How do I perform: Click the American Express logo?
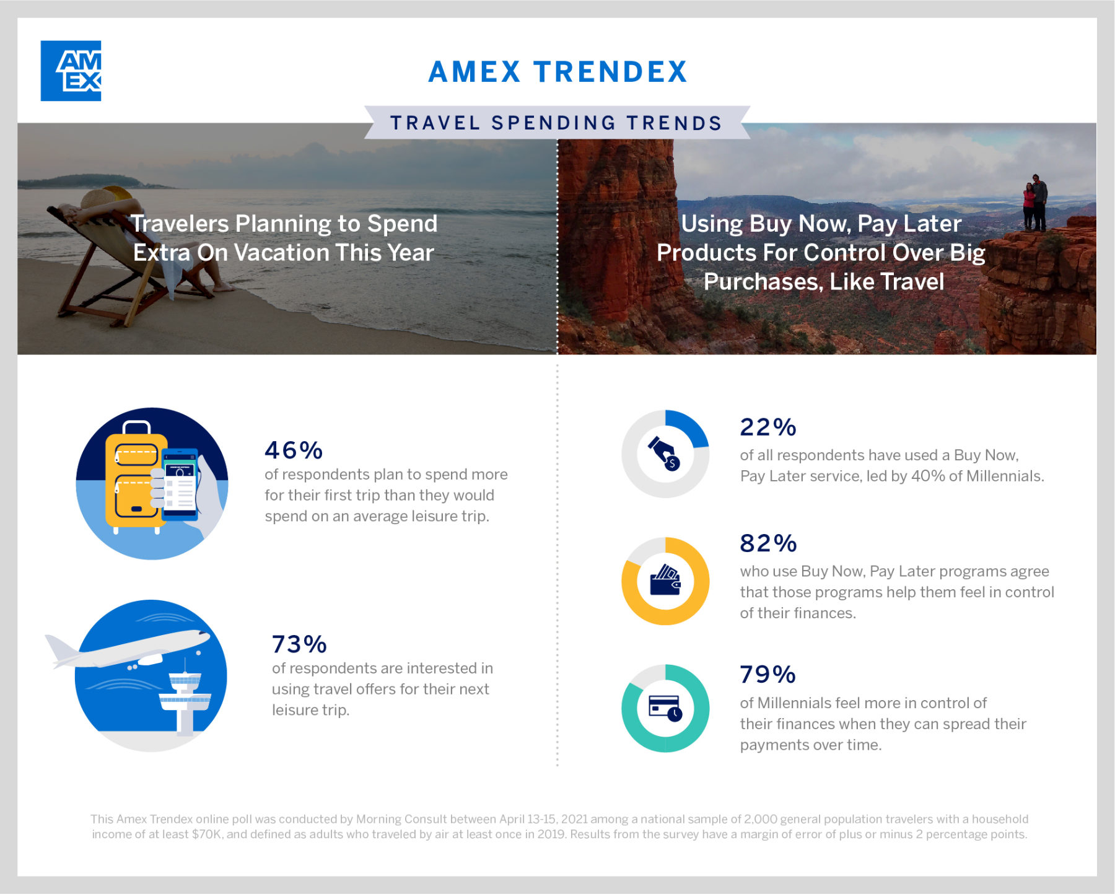[x=71, y=71]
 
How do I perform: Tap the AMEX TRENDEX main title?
[x=558, y=72]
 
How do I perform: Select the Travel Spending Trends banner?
[x=557, y=123]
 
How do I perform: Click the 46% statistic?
[x=294, y=450]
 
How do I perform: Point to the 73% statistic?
[x=299, y=644]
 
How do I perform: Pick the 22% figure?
[x=768, y=427]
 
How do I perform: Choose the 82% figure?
[x=768, y=543]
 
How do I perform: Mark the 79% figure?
[x=768, y=675]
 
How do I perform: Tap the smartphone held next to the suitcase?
[x=180, y=484]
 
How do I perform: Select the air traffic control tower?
[x=185, y=697]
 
